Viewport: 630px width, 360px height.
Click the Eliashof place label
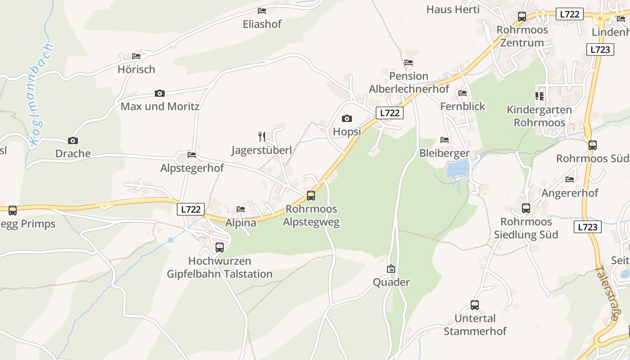coord(262,24)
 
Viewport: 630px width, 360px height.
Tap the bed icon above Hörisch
coord(136,56)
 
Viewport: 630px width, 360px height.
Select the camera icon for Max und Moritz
coord(160,94)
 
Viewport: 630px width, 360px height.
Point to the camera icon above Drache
coord(73,140)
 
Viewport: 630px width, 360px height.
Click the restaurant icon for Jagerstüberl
coord(262,136)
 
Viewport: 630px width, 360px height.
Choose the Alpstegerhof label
coord(192,168)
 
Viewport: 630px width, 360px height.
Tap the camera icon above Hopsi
coord(347,118)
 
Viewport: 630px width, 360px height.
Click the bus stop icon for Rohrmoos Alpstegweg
coord(311,196)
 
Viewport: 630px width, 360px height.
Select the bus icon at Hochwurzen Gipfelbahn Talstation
coord(220,247)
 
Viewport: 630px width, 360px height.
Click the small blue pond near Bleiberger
coord(458,169)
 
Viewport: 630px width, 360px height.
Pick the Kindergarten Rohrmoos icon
coord(539,96)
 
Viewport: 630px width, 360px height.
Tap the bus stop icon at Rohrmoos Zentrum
coord(522,17)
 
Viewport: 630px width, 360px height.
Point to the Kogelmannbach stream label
coord(41,94)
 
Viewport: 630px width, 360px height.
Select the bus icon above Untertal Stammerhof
coord(475,305)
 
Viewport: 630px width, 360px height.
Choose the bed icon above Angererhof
coord(570,180)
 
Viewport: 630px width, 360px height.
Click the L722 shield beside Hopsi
coord(389,113)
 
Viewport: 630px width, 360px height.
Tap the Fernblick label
coord(463,106)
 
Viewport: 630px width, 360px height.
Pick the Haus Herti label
coord(453,9)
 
